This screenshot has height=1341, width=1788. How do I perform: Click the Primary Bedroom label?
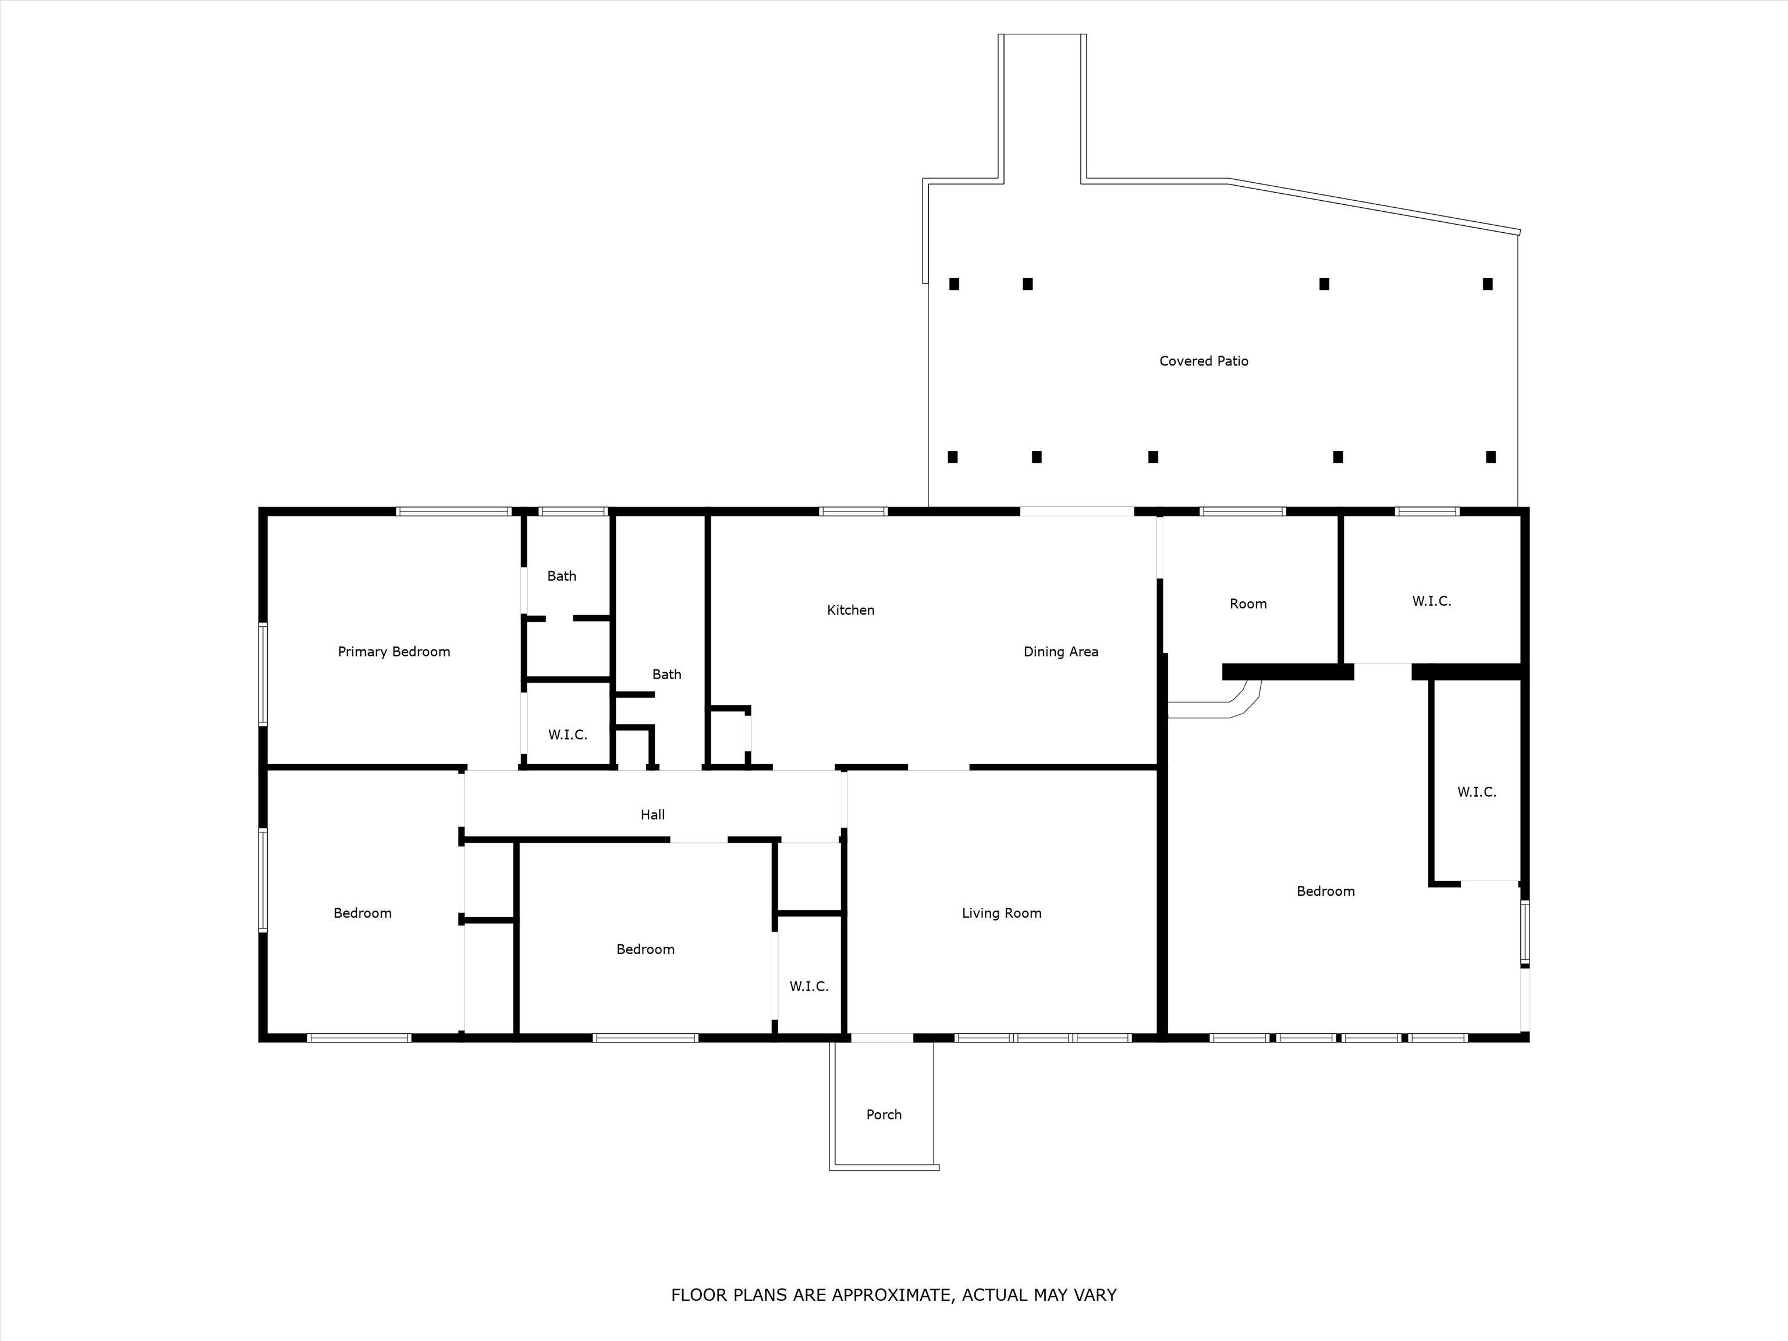coord(393,651)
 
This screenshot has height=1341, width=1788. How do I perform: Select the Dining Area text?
coord(1060,651)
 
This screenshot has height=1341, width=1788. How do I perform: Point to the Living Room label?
coord(1002,913)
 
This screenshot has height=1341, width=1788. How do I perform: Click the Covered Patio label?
coord(1204,361)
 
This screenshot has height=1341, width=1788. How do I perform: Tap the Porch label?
coord(884,1115)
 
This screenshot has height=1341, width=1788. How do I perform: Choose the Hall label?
coord(652,815)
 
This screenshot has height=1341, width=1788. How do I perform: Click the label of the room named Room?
coord(1248,604)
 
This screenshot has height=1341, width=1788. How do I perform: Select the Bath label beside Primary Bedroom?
coord(562,576)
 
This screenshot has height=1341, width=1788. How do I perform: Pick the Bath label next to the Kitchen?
coord(667,674)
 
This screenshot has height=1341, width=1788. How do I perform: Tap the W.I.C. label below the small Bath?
coord(567,735)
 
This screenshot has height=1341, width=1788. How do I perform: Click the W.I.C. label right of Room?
coord(1432,601)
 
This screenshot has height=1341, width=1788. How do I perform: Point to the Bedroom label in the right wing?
coord(1326,892)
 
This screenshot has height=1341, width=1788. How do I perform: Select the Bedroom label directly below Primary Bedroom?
coord(362,913)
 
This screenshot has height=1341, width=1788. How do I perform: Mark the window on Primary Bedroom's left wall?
coord(262,673)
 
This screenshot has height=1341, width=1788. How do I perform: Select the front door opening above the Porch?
coord(882,1038)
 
